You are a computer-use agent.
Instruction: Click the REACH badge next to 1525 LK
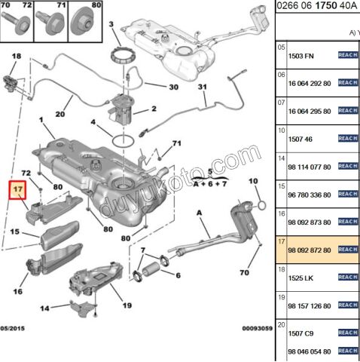click(347, 278)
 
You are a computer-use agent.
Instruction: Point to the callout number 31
click(203, 88)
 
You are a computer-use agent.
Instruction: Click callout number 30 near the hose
click(173, 87)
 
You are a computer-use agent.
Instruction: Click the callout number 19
click(126, 305)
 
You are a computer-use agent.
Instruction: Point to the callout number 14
click(44, 308)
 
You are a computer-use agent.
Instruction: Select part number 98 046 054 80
click(311, 351)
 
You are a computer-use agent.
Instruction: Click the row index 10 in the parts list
click(282, 130)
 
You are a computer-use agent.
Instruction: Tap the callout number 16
click(17, 291)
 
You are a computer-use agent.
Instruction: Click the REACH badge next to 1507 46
click(347, 139)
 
